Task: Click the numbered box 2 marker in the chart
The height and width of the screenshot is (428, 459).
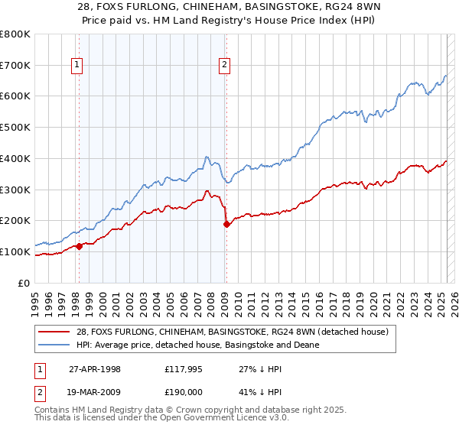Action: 225,66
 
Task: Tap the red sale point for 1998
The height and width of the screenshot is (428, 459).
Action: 79,246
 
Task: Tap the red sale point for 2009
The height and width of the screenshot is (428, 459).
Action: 226,224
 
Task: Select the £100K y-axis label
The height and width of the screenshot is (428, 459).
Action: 15,251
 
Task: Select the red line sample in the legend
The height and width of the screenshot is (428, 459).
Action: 52,332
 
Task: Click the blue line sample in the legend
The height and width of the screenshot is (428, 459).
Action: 52,345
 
